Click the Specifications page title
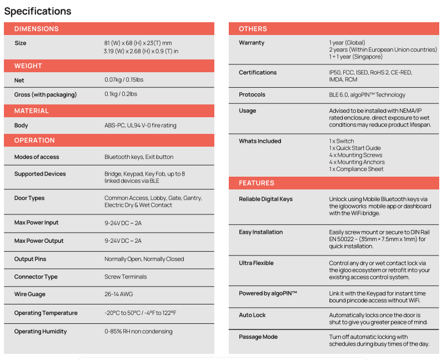pos(38,11)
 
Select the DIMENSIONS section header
pos(36,29)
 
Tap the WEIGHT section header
pos(28,66)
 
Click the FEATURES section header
pos(257,183)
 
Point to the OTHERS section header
pos(253,29)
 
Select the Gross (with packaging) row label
pos(46,94)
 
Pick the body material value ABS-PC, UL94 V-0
pos(140,126)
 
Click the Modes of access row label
pos(37,157)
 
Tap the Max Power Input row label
pos(36,223)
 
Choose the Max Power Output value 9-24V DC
pos(123,241)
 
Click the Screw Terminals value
pos(125,277)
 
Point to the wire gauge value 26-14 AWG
pos(117,295)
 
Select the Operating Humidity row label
pos(41,332)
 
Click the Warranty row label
pos(252,43)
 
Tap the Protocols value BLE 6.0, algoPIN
pos(367,95)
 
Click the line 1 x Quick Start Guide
pos(355,148)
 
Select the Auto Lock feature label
pos(252,315)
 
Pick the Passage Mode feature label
pos(258,337)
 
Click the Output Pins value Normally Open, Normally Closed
pos(144,259)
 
